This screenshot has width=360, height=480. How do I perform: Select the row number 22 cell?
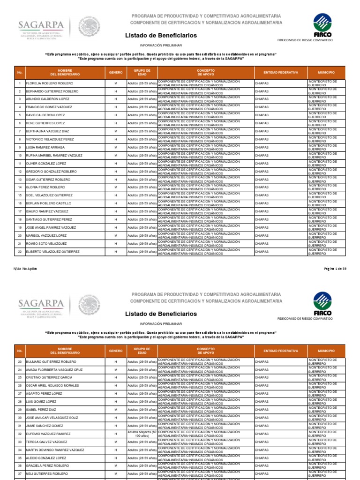point(20,252)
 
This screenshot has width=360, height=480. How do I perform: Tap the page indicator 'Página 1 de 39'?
point(335,269)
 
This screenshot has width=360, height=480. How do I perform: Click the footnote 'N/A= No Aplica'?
point(26,269)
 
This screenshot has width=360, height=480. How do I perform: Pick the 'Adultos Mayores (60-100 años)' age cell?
point(142,434)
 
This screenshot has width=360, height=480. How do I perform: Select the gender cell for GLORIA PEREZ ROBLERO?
point(115,187)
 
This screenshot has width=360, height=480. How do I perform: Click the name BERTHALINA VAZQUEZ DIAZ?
point(47,131)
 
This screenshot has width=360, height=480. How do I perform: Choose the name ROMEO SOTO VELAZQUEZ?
point(46,244)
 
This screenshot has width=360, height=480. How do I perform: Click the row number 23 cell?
point(20,362)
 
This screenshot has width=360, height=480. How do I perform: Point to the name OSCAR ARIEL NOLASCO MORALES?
point(52,386)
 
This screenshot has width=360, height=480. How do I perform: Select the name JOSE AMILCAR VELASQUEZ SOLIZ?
point(52,418)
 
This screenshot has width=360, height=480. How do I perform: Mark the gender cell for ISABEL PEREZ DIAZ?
point(115,410)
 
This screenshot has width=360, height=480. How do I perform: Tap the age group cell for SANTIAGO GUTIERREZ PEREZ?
point(142,219)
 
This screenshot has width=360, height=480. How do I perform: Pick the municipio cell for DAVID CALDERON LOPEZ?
point(322,115)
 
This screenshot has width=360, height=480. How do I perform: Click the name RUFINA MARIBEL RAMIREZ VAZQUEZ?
point(54,156)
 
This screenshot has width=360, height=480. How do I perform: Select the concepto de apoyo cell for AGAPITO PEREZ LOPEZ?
point(205,394)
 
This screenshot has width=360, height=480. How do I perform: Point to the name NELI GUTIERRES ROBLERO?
point(46,474)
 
